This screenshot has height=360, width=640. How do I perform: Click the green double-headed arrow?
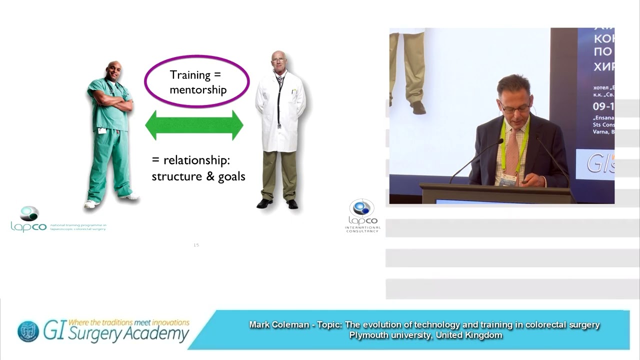[194, 125]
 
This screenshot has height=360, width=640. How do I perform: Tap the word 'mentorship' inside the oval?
[198, 90]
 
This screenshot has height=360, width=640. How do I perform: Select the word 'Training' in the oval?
[190, 75]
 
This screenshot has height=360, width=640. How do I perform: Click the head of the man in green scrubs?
[114, 71]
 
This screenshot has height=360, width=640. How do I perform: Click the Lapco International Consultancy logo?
[362, 215]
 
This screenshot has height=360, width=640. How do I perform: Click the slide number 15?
[196, 245]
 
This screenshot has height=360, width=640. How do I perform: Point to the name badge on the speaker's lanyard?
[508, 179]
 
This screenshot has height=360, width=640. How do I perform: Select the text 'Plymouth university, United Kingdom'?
[425, 335]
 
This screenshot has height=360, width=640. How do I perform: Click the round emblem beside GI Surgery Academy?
[28, 331]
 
